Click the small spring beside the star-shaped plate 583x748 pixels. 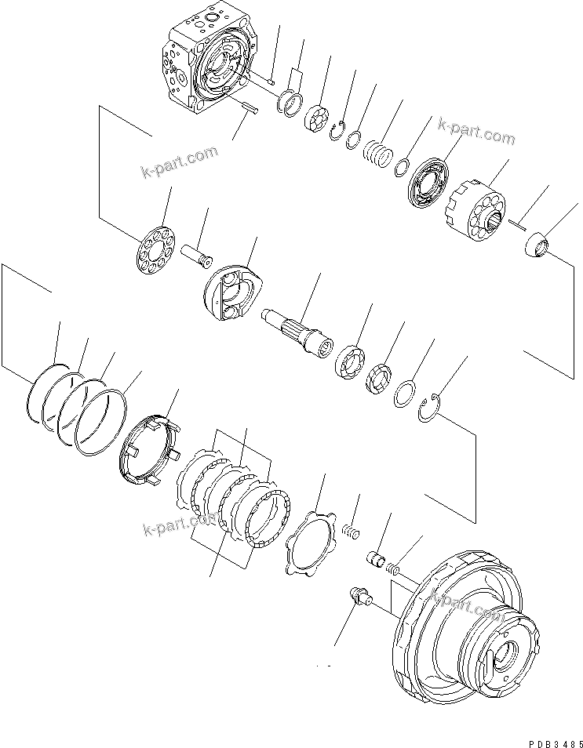(349, 529)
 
